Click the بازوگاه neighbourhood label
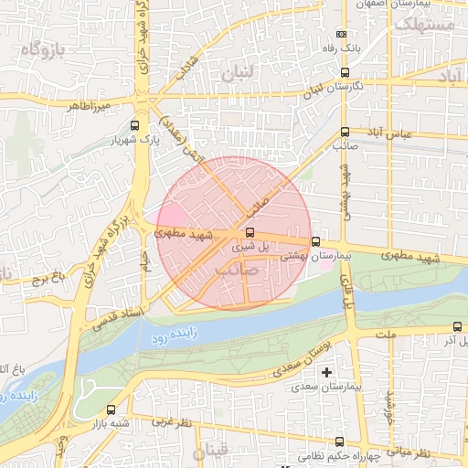tap(37, 50)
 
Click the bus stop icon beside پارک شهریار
tap(135, 126)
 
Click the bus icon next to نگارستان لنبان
tap(345, 72)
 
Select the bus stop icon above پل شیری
tap(250, 232)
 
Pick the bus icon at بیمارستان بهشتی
tap(315, 242)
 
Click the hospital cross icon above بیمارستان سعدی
tap(326, 372)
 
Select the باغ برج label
tap(42, 277)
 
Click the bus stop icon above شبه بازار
tap(111, 410)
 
